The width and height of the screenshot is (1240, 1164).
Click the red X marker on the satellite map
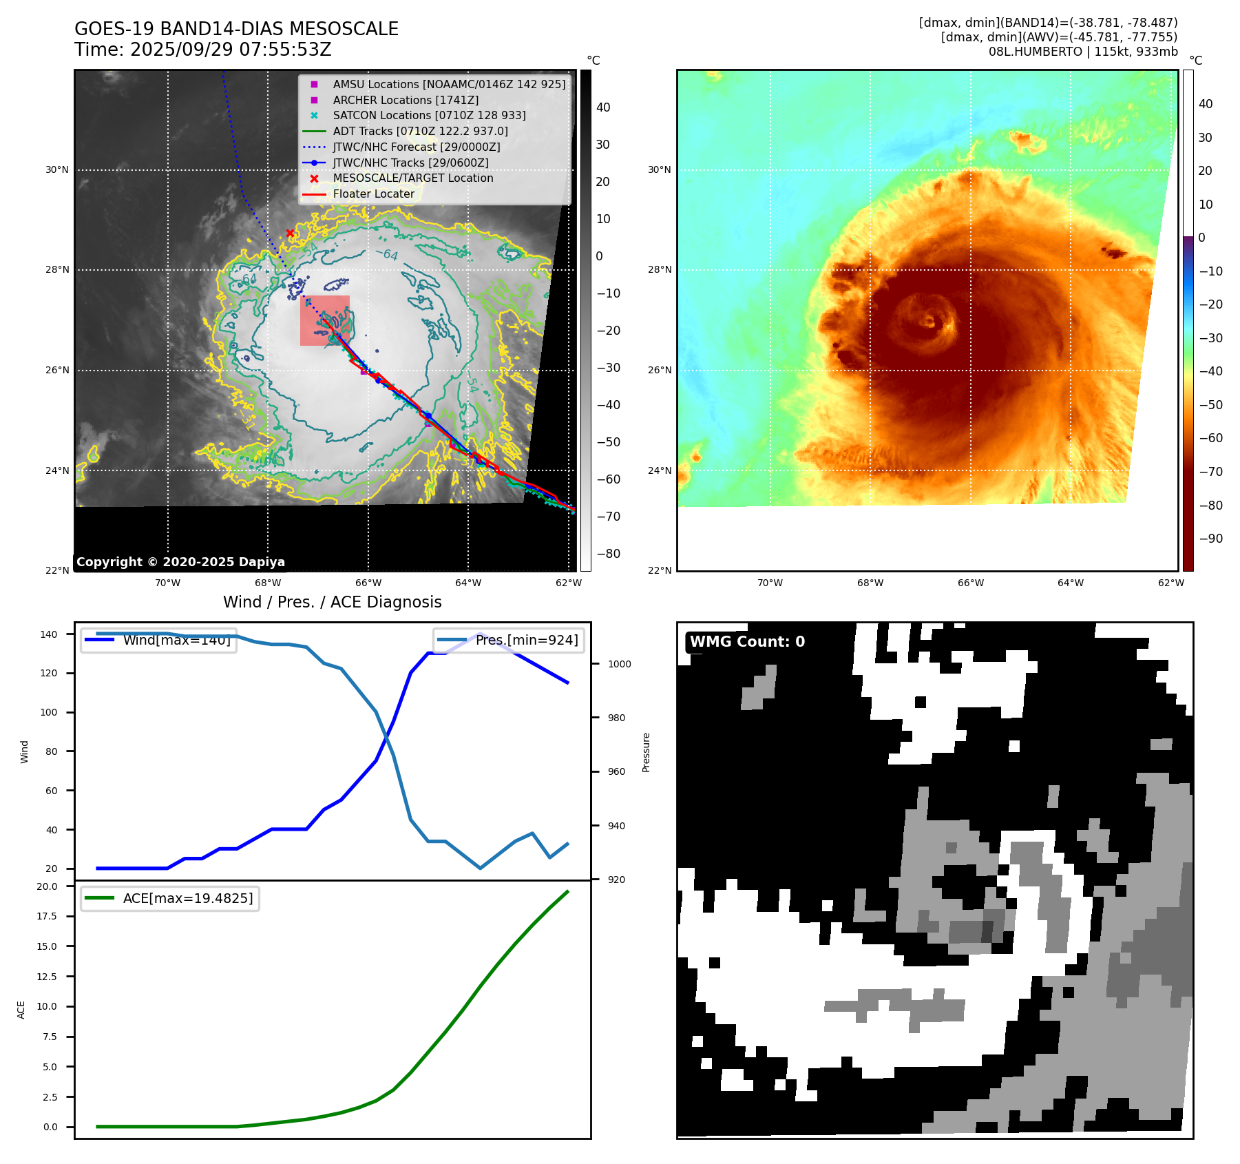(x=290, y=233)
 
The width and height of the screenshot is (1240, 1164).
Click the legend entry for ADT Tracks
(x=420, y=131)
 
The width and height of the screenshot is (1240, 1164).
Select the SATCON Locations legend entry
(x=429, y=115)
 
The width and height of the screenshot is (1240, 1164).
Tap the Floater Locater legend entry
(x=373, y=194)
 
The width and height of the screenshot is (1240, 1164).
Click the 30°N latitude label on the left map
(x=57, y=169)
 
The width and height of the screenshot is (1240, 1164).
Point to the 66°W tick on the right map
(x=970, y=583)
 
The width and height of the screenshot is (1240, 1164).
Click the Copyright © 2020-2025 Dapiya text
(x=180, y=562)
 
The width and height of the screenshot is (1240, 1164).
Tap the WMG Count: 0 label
(x=747, y=642)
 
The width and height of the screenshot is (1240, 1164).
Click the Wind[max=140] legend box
(x=158, y=640)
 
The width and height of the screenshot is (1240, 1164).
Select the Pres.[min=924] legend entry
(x=509, y=640)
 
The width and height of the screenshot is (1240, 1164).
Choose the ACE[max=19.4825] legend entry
(x=170, y=898)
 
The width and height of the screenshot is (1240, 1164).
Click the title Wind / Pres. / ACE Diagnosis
(x=332, y=602)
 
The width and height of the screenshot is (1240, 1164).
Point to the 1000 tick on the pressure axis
(x=619, y=664)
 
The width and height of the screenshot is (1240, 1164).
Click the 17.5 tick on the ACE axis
(x=47, y=916)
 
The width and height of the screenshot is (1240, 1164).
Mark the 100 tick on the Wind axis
(x=49, y=712)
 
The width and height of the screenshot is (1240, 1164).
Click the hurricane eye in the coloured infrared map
(x=931, y=321)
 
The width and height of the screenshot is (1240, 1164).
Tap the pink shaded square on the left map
(x=324, y=320)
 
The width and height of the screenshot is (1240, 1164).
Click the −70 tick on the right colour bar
(x=1210, y=472)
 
